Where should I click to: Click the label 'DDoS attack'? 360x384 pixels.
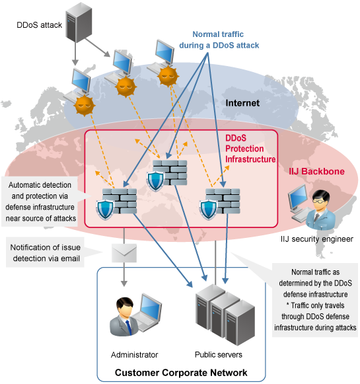click(x=38, y=26)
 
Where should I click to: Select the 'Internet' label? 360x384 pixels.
click(x=242, y=103)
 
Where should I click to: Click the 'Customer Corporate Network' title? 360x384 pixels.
click(x=181, y=373)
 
